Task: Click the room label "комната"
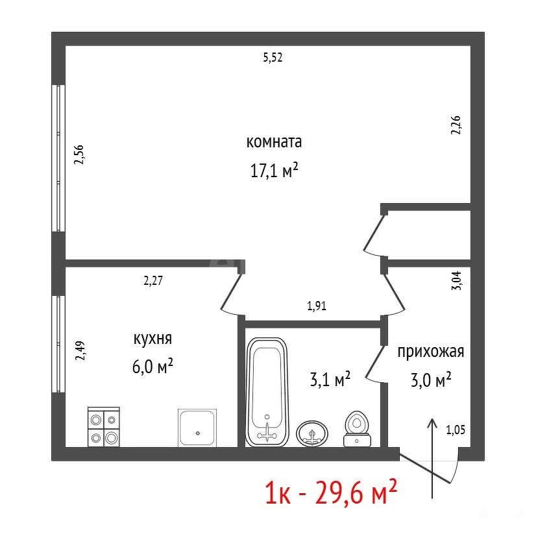coord(274,142)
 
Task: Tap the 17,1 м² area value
coord(274,170)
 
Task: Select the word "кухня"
coord(152,339)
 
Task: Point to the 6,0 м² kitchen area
coord(152,366)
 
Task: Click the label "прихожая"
coord(431,352)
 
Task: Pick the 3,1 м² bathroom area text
coord(330,379)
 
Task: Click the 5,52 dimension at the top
coord(273,57)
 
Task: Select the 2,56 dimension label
coord(79,155)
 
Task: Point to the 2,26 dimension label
coord(456,125)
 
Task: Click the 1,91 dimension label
coord(317,306)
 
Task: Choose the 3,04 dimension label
coord(457,280)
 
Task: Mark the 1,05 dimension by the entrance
coord(456,430)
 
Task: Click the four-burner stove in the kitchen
coord(104,427)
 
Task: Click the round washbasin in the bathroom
coord(312,433)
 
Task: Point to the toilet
coord(357,429)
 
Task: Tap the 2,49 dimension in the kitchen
coord(80,350)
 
